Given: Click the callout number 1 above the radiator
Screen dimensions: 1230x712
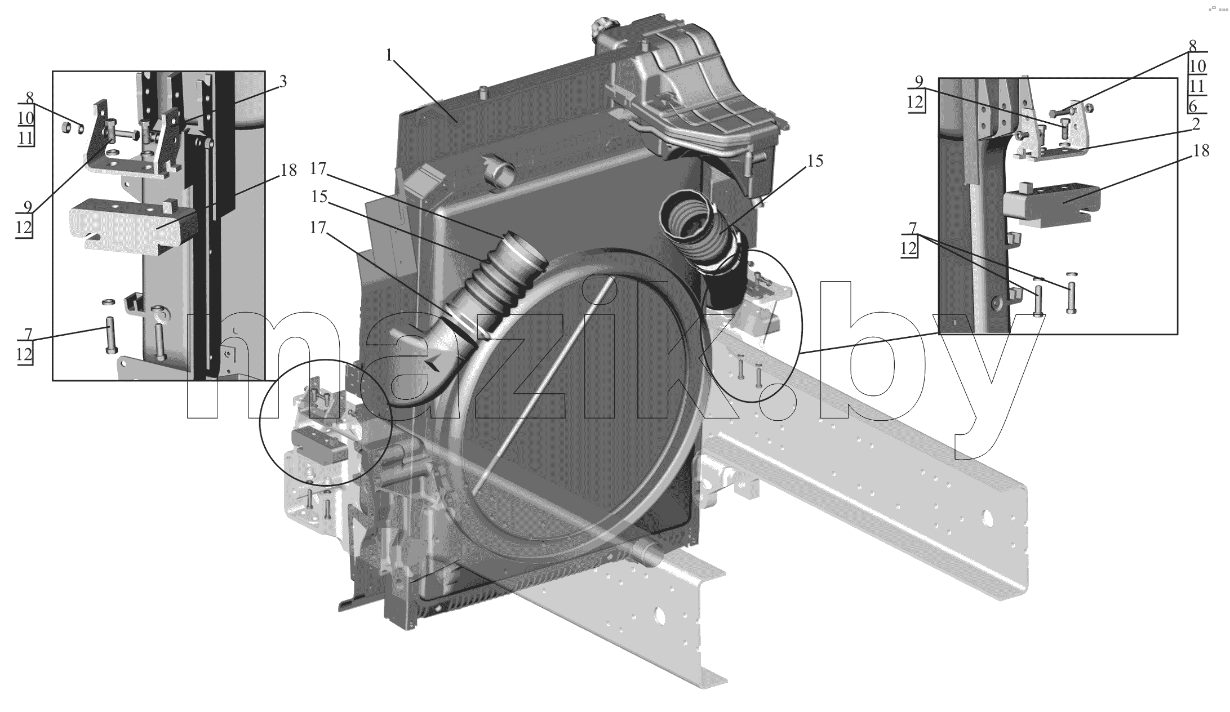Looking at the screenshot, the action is click(389, 55).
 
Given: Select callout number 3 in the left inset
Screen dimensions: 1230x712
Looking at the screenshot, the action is click(283, 82).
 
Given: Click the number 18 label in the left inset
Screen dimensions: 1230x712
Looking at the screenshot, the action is click(288, 170).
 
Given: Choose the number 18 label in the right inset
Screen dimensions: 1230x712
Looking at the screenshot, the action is click(1201, 151).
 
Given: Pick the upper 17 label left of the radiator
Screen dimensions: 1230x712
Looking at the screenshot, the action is click(318, 168).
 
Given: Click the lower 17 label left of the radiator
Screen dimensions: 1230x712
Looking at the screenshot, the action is click(318, 228).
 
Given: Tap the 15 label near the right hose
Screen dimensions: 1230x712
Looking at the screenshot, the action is click(815, 161).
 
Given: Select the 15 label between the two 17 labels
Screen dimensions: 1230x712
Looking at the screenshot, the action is click(319, 197).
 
